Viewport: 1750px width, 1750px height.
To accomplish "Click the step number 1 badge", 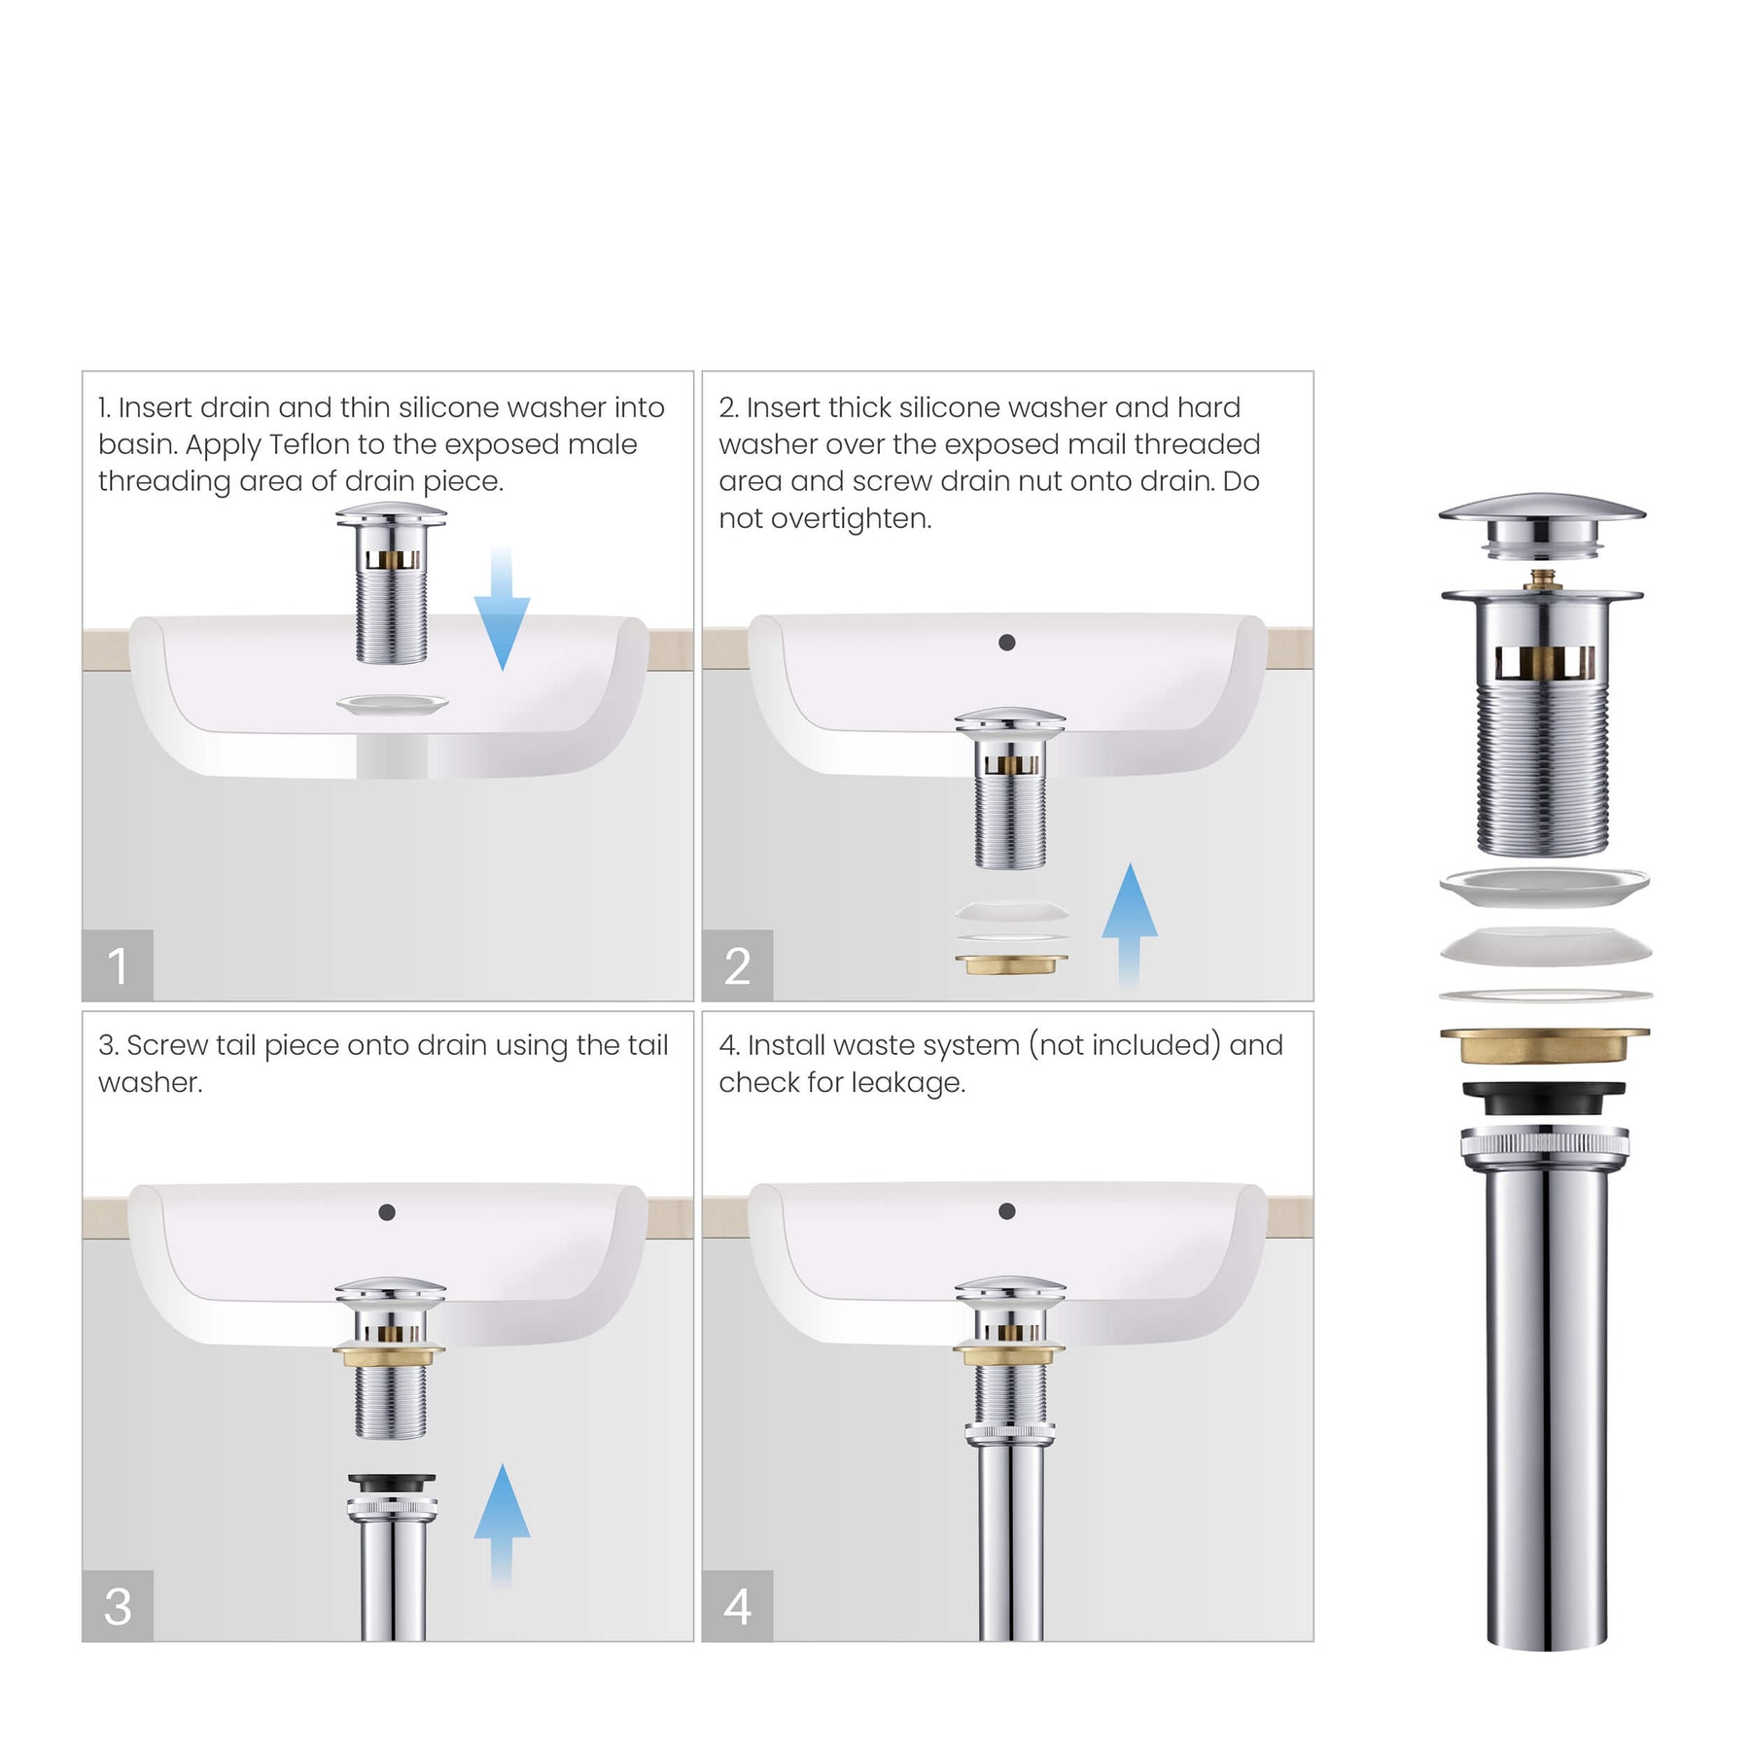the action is (118, 965).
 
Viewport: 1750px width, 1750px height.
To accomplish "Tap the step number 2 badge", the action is (738, 965).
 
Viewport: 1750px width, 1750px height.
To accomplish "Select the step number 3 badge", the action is (118, 1606).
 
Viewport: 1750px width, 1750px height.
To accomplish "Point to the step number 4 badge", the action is (738, 1606).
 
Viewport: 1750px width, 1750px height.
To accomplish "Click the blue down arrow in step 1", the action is (502, 610).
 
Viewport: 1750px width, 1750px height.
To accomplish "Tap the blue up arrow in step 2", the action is (1129, 926).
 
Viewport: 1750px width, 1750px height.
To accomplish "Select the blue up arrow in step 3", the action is (502, 1525).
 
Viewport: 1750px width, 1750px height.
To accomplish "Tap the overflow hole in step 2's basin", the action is (1007, 643).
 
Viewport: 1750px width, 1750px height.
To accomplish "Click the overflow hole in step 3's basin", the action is (387, 1212).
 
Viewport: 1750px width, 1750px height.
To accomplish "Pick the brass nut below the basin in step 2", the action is (1011, 964).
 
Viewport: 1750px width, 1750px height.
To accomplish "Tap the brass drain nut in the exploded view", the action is (1545, 1045).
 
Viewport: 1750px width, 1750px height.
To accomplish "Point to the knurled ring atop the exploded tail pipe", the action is (1545, 1143).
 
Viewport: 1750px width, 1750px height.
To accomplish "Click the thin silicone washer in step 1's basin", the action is (392, 704).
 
